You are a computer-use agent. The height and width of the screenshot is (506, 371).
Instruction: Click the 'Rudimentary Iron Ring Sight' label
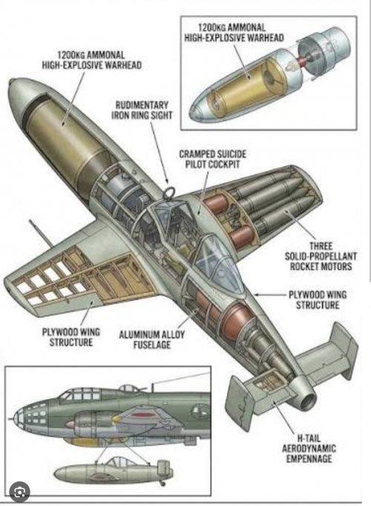pyautogui.click(x=142, y=111)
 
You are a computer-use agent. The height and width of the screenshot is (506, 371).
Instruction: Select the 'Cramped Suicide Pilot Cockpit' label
pyautogui.click(x=213, y=159)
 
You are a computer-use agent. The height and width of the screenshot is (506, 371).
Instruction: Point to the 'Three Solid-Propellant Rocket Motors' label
pyautogui.click(x=321, y=256)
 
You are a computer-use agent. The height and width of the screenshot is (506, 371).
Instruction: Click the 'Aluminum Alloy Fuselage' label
pyautogui.click(x=151, y=340)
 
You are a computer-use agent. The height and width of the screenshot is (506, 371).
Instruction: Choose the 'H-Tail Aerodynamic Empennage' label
pyautogui.click(x=309, y=448)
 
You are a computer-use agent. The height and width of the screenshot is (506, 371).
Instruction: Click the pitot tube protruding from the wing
pyautogui.click(x=40, y=233)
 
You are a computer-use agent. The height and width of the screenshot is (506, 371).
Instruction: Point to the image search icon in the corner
pyautogui.click(x=20, y=492)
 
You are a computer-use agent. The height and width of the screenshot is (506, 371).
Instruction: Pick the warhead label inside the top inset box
pyautogui.click(x=234, y=33)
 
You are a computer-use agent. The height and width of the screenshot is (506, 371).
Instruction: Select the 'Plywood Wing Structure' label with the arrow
pyautogui.click(x=318, y=300)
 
